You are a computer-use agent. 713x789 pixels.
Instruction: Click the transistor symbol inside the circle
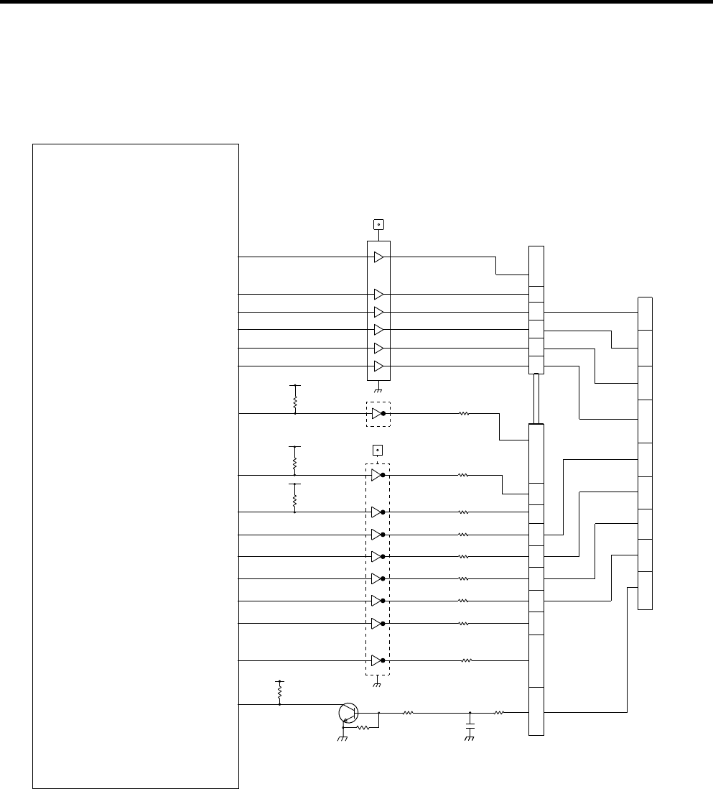[x=348, y=713]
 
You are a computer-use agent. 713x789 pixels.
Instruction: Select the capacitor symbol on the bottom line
[x=470, y=728]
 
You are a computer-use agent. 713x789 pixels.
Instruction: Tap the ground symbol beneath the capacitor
[x=470, y=739]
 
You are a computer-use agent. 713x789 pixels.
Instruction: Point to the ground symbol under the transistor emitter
[x=342, y=738]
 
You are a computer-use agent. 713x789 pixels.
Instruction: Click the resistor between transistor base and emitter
[x=363, y=728]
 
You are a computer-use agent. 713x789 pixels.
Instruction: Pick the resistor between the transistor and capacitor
[x=408, y=713]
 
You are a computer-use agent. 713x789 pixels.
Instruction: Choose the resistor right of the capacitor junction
[x=499, y=713]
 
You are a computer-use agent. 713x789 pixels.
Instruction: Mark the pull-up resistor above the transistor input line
[x=279, y=693]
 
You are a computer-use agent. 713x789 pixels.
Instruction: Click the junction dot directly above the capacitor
[x=470, y=713]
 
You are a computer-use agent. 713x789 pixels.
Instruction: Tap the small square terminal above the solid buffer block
[x=378, y=224]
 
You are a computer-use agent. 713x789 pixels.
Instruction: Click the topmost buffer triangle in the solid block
[x=379, y=257]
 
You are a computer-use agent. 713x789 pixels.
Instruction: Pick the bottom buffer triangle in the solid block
[x=379, y=366]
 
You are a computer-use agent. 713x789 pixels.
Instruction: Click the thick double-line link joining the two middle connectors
[x=536, y=399]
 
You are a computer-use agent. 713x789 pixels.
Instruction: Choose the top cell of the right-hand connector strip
[x=645, y=313]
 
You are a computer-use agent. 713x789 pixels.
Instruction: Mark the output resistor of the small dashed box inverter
[x=464, y=414]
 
